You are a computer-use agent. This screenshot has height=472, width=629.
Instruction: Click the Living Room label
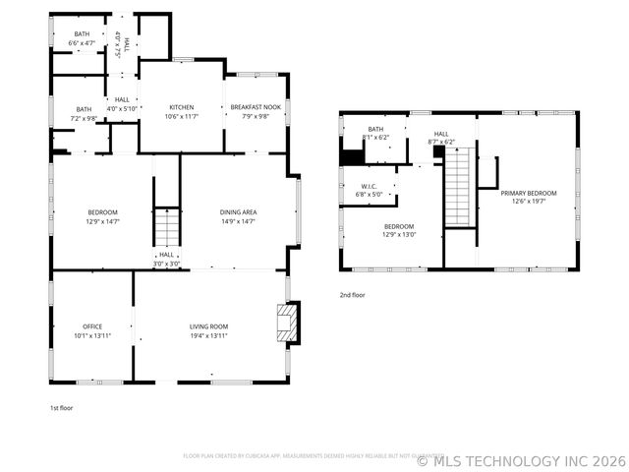click(x=208, y=326)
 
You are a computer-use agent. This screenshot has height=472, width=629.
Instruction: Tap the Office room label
click(x=92, y=326)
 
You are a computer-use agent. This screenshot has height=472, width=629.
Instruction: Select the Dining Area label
click(x=239, y=212)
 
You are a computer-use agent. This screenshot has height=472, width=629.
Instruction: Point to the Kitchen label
click(x=182, y=107)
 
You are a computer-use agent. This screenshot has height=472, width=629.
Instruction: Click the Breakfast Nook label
click(x=256, y=107)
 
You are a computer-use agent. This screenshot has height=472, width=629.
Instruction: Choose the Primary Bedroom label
click(x=529, y=194)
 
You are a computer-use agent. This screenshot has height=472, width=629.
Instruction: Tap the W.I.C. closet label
click(x=370, y=186)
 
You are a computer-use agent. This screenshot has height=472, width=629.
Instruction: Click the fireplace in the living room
click(x=287, y=324)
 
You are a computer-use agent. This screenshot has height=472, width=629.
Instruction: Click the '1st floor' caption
click(x=62, y=407)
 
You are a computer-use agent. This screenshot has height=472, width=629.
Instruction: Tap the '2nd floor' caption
click(x=352, y=295)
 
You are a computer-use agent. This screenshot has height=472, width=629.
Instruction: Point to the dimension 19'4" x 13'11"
click(x=208, y=335)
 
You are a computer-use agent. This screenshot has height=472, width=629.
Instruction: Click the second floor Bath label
click(x=375, y=129)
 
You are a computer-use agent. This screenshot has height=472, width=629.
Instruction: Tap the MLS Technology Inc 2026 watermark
click(x=521, y=459)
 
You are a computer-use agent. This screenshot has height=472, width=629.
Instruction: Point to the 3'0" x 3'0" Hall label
click(x=166, y=259)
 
